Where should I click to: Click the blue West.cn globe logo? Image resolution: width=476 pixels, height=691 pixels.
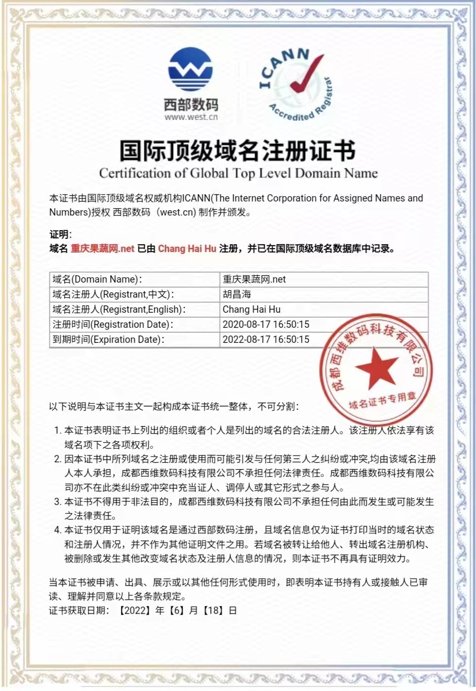(x=190, y=69)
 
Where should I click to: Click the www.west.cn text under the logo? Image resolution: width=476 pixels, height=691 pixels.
(x=191, y=117)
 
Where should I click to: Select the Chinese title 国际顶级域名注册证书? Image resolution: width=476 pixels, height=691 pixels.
(x=238, y=151)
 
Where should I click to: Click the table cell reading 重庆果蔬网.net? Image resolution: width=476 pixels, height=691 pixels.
(x=254, y=279)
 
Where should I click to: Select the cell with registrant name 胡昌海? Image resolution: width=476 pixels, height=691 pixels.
(x=237, y=294)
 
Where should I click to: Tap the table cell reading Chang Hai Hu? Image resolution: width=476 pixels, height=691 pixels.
(x=251, y=309)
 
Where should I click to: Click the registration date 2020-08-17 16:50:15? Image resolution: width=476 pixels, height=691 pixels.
(x=266, y=324)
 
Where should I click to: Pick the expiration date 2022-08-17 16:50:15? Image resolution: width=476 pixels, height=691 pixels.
(x=266, y=339)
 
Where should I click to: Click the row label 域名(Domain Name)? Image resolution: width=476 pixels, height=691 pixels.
(x=97, y=279)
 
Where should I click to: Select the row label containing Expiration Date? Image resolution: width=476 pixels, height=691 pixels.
(x=108, y=339)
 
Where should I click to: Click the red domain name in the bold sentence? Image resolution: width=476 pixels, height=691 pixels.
(x=102, y=249)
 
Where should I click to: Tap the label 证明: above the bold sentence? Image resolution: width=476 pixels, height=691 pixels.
(x=60, y=235)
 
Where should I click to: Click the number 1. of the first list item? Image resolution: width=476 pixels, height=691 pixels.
(x=57, y=430)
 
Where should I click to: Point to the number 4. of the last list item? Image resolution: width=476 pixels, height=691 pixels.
(x=57, y=530)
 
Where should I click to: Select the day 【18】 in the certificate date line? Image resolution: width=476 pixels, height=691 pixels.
(x=213, y=610)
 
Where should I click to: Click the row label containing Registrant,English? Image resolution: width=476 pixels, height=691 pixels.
(x=119, y=309)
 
